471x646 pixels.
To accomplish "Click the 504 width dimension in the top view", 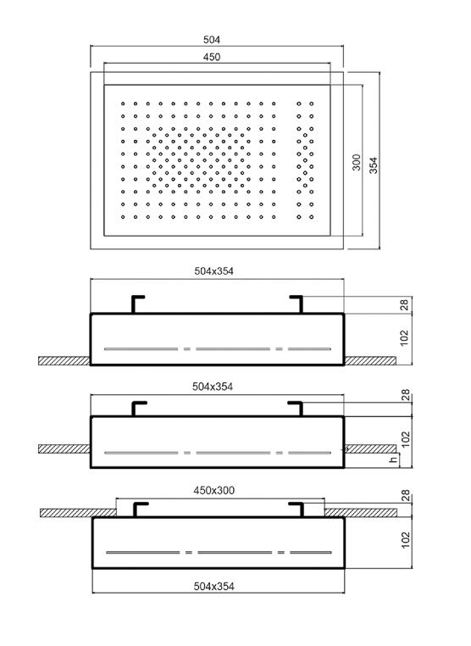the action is [212, 40].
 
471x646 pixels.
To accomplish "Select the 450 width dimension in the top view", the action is [212, 57].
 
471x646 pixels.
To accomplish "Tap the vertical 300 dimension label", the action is [357, 162].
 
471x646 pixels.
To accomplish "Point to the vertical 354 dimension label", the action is [373, 165].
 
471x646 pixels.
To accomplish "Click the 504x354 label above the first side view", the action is [213, 271].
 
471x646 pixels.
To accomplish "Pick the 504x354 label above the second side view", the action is [213, 387].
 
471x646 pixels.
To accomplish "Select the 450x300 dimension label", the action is [214, 490].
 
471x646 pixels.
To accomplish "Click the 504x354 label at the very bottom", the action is [214, 587].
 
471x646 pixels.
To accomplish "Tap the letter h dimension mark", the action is [394, 459].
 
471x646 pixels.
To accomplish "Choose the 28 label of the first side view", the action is [405, 305].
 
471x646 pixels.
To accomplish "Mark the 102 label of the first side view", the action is [405, 337].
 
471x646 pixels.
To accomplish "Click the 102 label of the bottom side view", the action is [406, 540].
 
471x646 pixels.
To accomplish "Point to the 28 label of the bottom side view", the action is [406, 495].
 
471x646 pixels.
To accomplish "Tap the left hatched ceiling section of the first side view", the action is [64, 361].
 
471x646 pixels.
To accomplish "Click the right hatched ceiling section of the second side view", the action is [370, 448].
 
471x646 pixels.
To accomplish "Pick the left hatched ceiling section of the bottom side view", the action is [78, 513].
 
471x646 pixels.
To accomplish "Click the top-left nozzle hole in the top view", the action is [123, 103].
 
